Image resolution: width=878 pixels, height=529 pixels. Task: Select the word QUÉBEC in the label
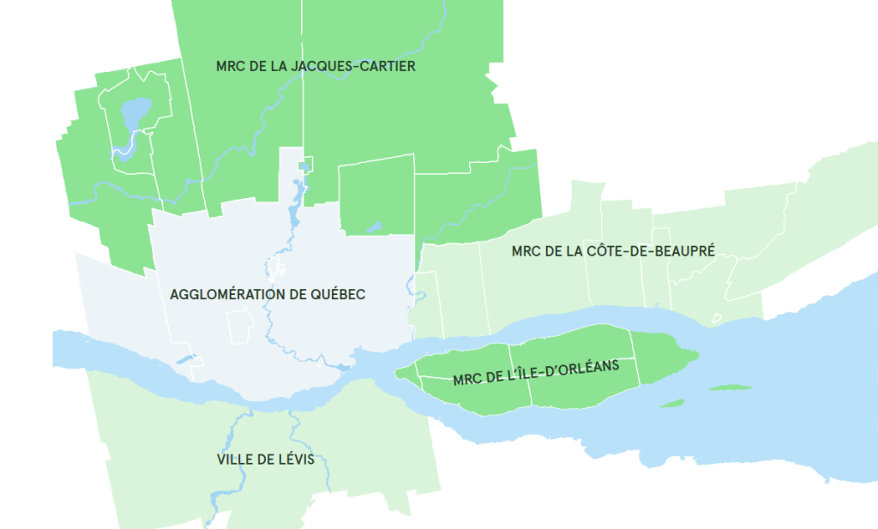point(338,294)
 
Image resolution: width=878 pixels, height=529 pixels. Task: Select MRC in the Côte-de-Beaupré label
point(526,250)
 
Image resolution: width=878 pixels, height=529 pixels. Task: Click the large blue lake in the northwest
point(135,111)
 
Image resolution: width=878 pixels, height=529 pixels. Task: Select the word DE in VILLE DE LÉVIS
point(266,460)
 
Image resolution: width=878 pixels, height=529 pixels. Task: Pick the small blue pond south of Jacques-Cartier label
point(374,228)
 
